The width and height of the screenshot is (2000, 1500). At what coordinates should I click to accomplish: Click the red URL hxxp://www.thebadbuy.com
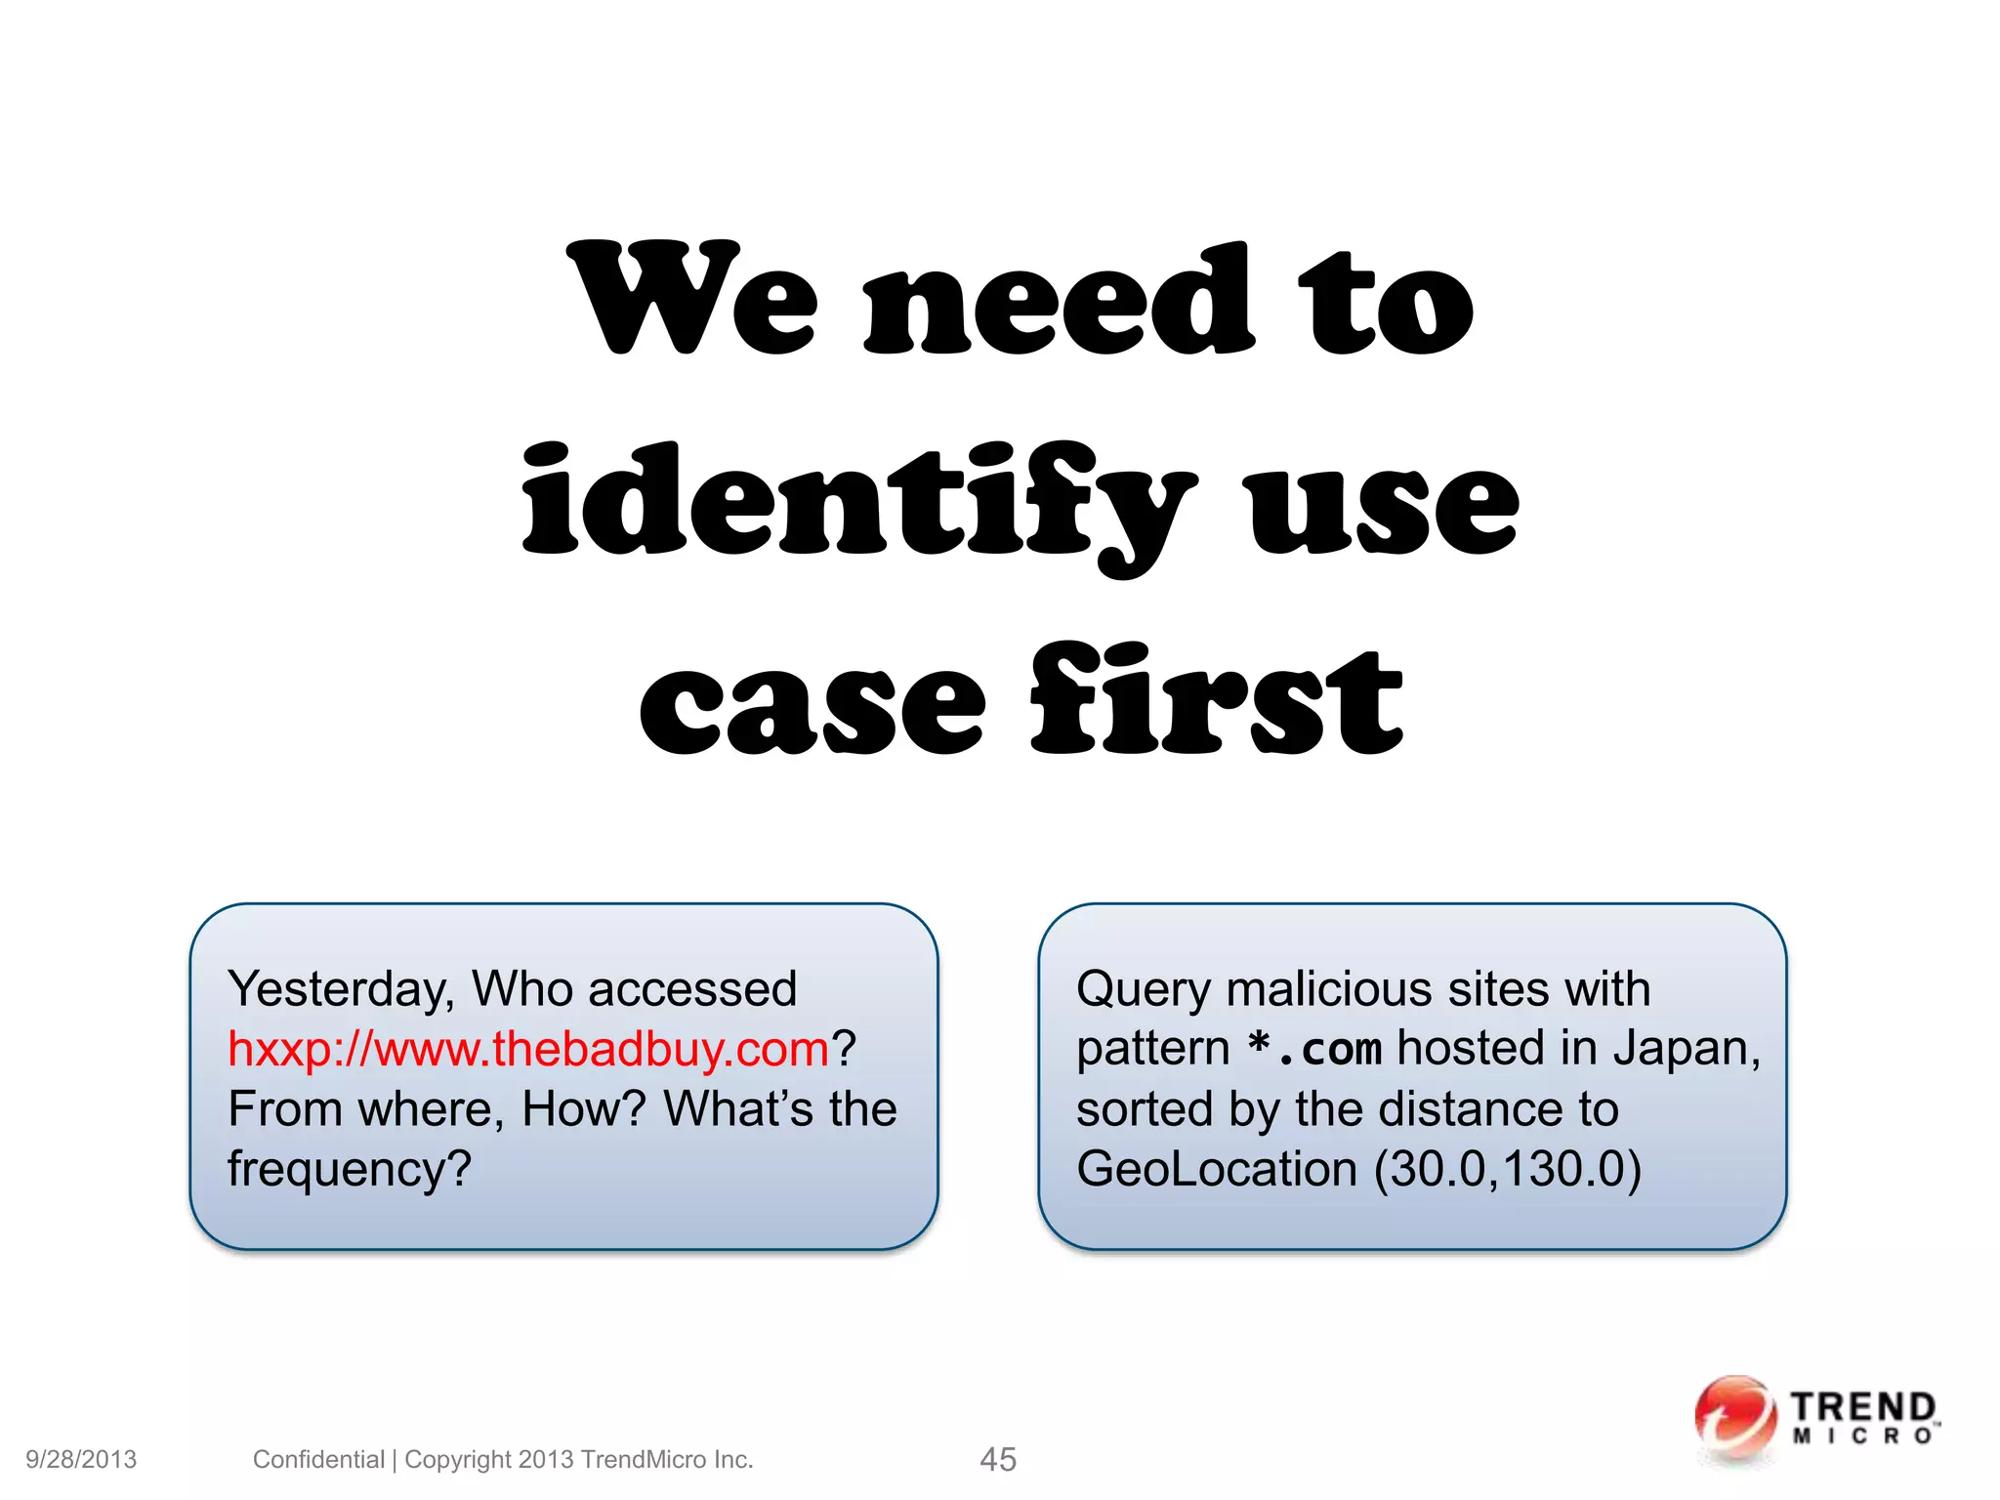point(528,1050)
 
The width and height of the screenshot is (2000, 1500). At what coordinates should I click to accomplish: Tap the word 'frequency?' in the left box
point(350,1169)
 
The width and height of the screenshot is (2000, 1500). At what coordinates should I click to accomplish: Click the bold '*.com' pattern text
point(1314,1050)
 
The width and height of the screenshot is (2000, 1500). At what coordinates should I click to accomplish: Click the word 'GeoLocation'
point(1216,1169)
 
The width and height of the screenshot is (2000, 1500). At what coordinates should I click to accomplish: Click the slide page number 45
point(998,1459)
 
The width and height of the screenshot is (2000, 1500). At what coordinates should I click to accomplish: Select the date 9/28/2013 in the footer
point(81,1459)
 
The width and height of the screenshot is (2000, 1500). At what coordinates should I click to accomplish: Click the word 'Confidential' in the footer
point(318,1459)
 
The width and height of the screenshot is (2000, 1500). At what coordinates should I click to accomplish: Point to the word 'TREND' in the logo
point(1862,1407)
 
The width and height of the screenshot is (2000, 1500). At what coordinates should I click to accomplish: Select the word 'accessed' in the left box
point(692,989)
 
